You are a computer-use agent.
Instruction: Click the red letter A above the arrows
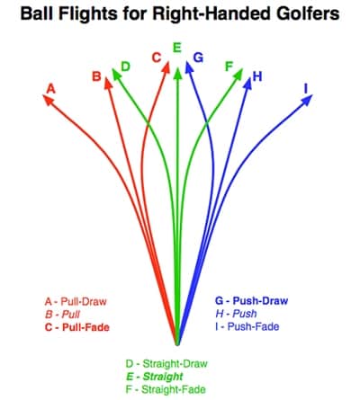(x=51, y=89)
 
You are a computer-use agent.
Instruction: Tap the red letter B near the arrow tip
(x=96, y=76)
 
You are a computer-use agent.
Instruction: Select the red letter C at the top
(x=157, y=58)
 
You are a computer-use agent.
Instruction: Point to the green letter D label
(x=125, y=67)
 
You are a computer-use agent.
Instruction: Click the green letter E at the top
(x=177, y=48)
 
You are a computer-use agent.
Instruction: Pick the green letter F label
(x=229, y=67)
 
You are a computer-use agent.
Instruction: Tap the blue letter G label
(x=198, y=58)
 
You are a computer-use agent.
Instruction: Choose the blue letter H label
(x=257, y=76)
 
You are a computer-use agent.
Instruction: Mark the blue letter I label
(x=306, y=89)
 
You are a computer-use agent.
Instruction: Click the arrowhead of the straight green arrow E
(x=178, y=74)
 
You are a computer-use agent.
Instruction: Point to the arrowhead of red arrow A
(x=49, y=100)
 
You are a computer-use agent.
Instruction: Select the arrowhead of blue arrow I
(x=307, y=100)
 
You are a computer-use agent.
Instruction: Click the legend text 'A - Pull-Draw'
(x=76, y=301)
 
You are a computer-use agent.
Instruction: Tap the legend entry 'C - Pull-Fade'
(x=77, y=327)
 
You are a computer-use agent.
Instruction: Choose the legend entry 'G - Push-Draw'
(x=251, y=300)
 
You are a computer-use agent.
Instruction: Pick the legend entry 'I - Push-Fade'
(x=247, y=326)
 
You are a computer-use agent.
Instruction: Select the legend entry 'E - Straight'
(x=155, y=377)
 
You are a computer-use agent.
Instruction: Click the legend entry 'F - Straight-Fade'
(x=166, y=389)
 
